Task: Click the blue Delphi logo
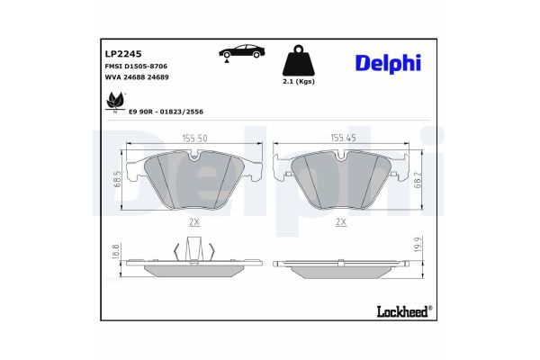(x=386, y=62)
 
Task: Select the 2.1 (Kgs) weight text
(x=298, y=83)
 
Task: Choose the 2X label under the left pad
(x=194, y=220)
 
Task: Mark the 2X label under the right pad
(x=341, y=220)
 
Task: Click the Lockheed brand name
(x=400, y=310)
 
